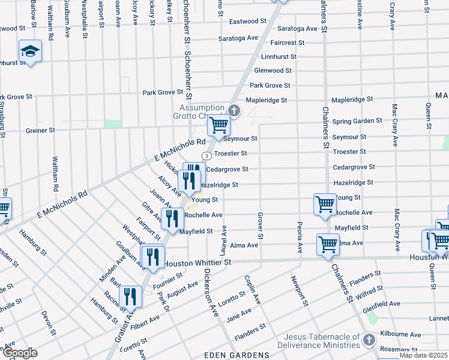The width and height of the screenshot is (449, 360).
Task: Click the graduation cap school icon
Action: point(29,52)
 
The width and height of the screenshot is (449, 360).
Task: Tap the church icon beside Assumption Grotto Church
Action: point(235,110)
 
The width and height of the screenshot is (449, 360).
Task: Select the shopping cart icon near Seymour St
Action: point(218,125)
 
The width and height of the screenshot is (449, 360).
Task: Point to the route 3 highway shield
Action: point(206,155)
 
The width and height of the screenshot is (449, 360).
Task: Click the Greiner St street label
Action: point(40,130)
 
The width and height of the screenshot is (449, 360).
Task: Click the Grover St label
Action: point(261,223)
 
